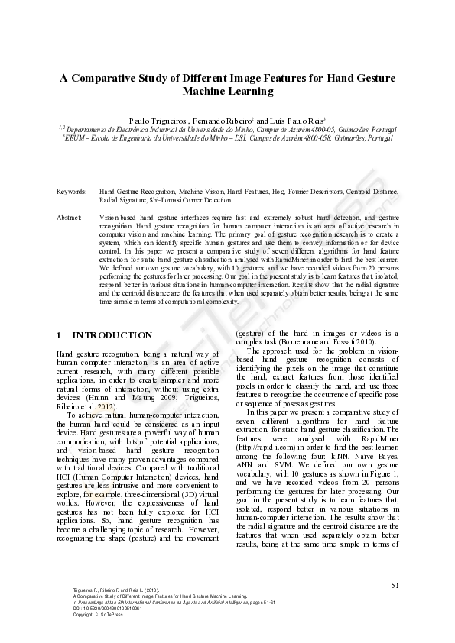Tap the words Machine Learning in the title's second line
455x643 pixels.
(x=227, y=92)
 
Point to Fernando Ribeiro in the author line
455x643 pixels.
(x=220, y=121)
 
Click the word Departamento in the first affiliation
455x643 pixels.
(x=88, y=131)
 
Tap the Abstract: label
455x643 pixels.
(x=70, y=218)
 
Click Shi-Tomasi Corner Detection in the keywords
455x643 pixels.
(x=188, y=199)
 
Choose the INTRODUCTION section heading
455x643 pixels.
(x=112, y=334)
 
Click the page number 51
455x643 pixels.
(x=395, y=585)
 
